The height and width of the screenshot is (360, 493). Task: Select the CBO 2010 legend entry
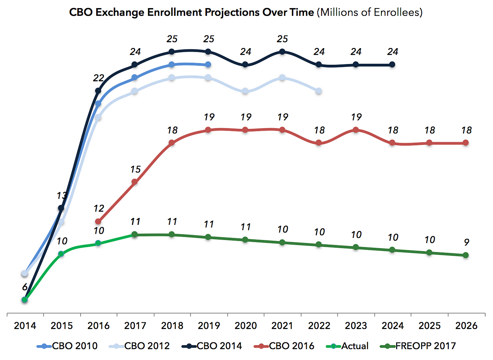(x=74, y=346)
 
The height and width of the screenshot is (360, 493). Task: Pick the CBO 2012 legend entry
(x=146, y=346)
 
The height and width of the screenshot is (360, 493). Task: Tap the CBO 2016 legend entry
(x=291, y=346)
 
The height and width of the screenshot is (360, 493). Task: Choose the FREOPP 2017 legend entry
(x=425, y=346)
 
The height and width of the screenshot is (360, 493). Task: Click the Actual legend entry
(x=355, y=346)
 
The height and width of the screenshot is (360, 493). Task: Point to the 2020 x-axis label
(x=245, y=326)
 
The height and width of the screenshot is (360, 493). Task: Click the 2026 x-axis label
(x=466, y=326)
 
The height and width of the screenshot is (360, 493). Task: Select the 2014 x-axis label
(x=25, y=326)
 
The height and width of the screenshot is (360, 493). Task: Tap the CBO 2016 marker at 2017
(x=135, y=182)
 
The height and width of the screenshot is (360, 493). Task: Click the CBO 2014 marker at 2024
(x=392, y=64)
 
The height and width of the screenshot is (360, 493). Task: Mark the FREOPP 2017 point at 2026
(x=466, y=255)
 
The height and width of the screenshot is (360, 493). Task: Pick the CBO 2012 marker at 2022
(x=319, y=91)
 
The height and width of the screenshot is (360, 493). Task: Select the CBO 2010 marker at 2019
(x=208, y=64)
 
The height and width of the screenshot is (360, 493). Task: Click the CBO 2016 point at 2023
(x=356, y=130)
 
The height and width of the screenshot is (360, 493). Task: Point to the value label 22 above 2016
(x=98, y=78)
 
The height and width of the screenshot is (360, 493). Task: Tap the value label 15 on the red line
(x=135, y=169)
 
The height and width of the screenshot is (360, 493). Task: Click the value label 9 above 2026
(x=466, y=242)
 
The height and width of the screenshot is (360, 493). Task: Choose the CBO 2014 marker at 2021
(x=282, y=52)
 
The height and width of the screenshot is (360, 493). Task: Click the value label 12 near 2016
(x=99, y=208)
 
